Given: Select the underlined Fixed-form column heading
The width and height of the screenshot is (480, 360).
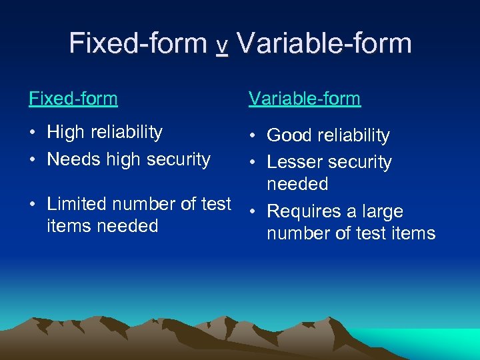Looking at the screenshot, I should tap(73, 99).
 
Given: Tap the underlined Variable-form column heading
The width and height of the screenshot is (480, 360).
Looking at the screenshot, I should tap(305, 99).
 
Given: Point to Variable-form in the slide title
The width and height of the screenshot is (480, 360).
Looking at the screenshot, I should tap(324, 43).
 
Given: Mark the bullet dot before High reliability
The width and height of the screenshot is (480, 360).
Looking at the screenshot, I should tap(33, 133).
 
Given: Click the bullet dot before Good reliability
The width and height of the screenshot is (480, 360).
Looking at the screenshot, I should tap(253, 136).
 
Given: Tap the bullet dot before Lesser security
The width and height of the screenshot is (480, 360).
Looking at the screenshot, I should tap(253, 163).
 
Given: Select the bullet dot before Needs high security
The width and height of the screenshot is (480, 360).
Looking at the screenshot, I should tap(33, 159).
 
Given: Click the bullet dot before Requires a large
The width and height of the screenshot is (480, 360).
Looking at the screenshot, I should tap(253, 212).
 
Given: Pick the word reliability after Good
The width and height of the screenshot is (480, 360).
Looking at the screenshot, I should tap(353, 135).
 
